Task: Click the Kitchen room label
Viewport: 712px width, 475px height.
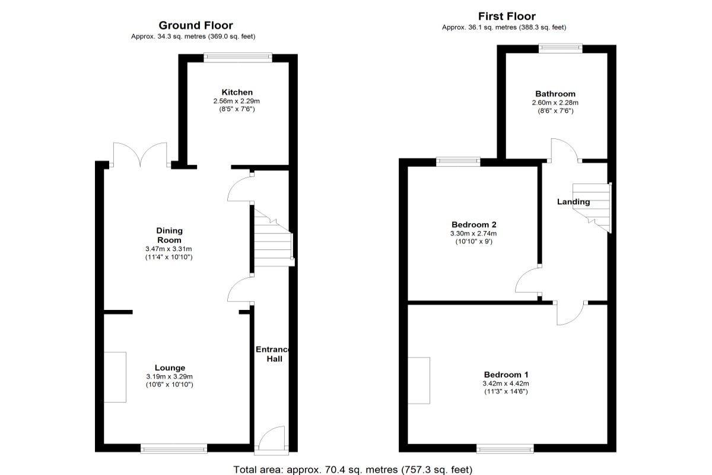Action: (237, 92)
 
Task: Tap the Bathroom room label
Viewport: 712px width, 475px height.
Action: (555, 94)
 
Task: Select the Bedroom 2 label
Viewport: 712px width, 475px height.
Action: (474, 224)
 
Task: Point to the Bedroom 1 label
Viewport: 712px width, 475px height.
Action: (506, 375)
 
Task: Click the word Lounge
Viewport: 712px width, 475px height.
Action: (170, 368)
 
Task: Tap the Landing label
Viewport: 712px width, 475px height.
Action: (573, 202)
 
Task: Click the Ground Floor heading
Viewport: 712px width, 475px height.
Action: (196, 25)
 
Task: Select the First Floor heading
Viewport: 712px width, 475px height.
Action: (507, 16)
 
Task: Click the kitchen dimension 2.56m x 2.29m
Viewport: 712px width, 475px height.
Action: (237, 101)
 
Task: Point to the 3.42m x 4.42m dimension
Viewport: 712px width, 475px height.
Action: (506, 384)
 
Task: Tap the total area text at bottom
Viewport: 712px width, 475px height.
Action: (353, 470)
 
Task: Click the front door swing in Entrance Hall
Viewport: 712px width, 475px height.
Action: (271, 438)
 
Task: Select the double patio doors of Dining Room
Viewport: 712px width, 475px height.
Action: (140, 154)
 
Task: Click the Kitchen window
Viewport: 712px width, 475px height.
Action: (238, 57)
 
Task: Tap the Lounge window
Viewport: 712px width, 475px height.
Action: (174, 449)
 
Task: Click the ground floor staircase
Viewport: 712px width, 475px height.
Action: (274, 237)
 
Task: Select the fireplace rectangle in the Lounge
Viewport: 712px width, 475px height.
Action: (115, 377)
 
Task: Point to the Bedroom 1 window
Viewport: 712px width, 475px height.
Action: (505, 449)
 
